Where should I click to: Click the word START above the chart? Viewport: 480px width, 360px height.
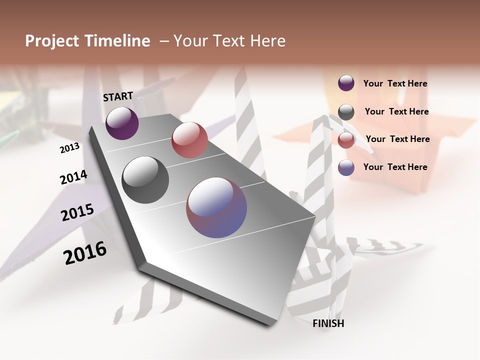coord(118,96)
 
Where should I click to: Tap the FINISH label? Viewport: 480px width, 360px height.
coord(328,323)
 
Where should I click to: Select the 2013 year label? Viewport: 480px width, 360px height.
coord(69,148)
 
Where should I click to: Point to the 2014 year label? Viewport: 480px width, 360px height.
coord(73,177)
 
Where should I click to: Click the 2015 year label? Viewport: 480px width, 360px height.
coord(77,212)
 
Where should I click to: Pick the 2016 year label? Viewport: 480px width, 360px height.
coord(85,252)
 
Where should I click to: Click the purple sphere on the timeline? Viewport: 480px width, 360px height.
coord(122,123)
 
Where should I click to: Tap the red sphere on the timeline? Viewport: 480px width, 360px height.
coord(189,140)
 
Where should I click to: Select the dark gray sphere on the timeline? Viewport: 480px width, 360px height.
coord(145,180)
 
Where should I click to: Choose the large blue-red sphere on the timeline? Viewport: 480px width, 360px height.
coord(216,207)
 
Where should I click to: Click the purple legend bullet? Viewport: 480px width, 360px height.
coord(346,83)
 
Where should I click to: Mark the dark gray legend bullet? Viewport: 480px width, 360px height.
coord(346,112)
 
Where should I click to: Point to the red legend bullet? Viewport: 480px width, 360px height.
coord(346,140)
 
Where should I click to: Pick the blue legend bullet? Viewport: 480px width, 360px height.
coord(346,167)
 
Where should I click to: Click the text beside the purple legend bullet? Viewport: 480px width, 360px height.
coord(395,83)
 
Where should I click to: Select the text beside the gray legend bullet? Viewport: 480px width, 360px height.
coord(396,111)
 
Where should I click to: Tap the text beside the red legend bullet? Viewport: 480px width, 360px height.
coord(397,139)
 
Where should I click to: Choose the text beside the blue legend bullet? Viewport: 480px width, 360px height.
coord(395,167)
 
